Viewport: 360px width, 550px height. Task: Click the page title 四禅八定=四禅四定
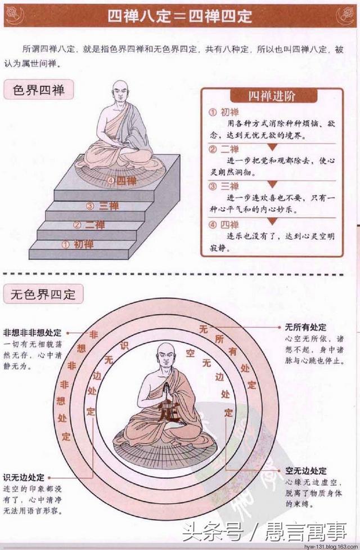pyautogui.click(x=179, y=16)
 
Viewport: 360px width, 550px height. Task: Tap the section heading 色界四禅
pyautogui.click(x=38, y=90)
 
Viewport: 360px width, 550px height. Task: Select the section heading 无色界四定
pyautogui.click(x=43, y=294)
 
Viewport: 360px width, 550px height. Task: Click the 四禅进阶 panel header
pyautogui.click(x=272, y=96)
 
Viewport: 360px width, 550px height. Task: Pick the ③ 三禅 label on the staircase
pyautogui.click(x=102, y=206)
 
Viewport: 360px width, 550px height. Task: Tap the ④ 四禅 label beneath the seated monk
pyautogui.click(x=123, y=181)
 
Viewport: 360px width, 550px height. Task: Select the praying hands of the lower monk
pyautogui.click(x=166, y=390)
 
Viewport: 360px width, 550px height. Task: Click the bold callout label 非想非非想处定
pyautogui.click(x=32, y=333)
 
